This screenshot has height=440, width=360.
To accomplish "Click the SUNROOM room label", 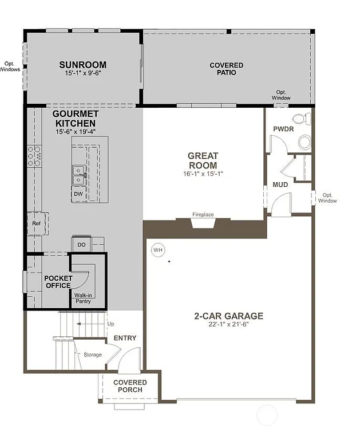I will pos(83,65).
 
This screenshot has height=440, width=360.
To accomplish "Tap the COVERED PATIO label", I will pos(226,69).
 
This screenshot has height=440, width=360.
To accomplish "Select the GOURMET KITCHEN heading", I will pos(74,119).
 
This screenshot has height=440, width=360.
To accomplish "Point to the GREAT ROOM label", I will pos(203,160).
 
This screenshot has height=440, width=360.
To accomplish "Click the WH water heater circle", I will pos(157,250).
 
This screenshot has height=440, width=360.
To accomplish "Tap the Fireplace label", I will pos(203,215).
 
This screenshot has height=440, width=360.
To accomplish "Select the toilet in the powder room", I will pos(300,119).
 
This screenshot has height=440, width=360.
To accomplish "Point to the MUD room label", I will pos(280,185).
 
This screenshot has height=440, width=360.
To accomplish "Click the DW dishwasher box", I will pos(78,194).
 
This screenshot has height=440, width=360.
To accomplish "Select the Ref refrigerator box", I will pos(36,223).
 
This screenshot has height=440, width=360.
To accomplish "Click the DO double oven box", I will pos(81,245).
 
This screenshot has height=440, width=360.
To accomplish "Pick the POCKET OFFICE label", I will pos(57,282).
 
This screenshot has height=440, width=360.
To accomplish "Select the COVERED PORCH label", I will pos(130,386).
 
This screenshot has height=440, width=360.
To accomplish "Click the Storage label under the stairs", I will pos(92,355).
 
